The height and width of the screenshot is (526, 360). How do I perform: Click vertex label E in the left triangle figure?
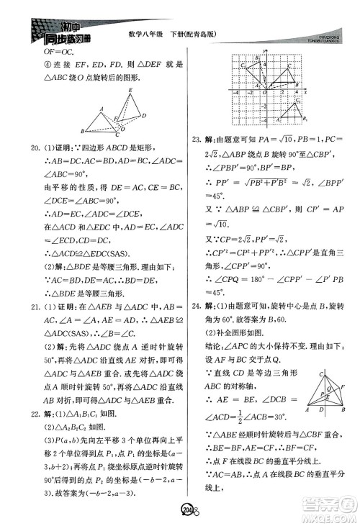click(x=130, y=90)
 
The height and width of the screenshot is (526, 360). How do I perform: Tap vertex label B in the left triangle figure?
click(x=84, y=132)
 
